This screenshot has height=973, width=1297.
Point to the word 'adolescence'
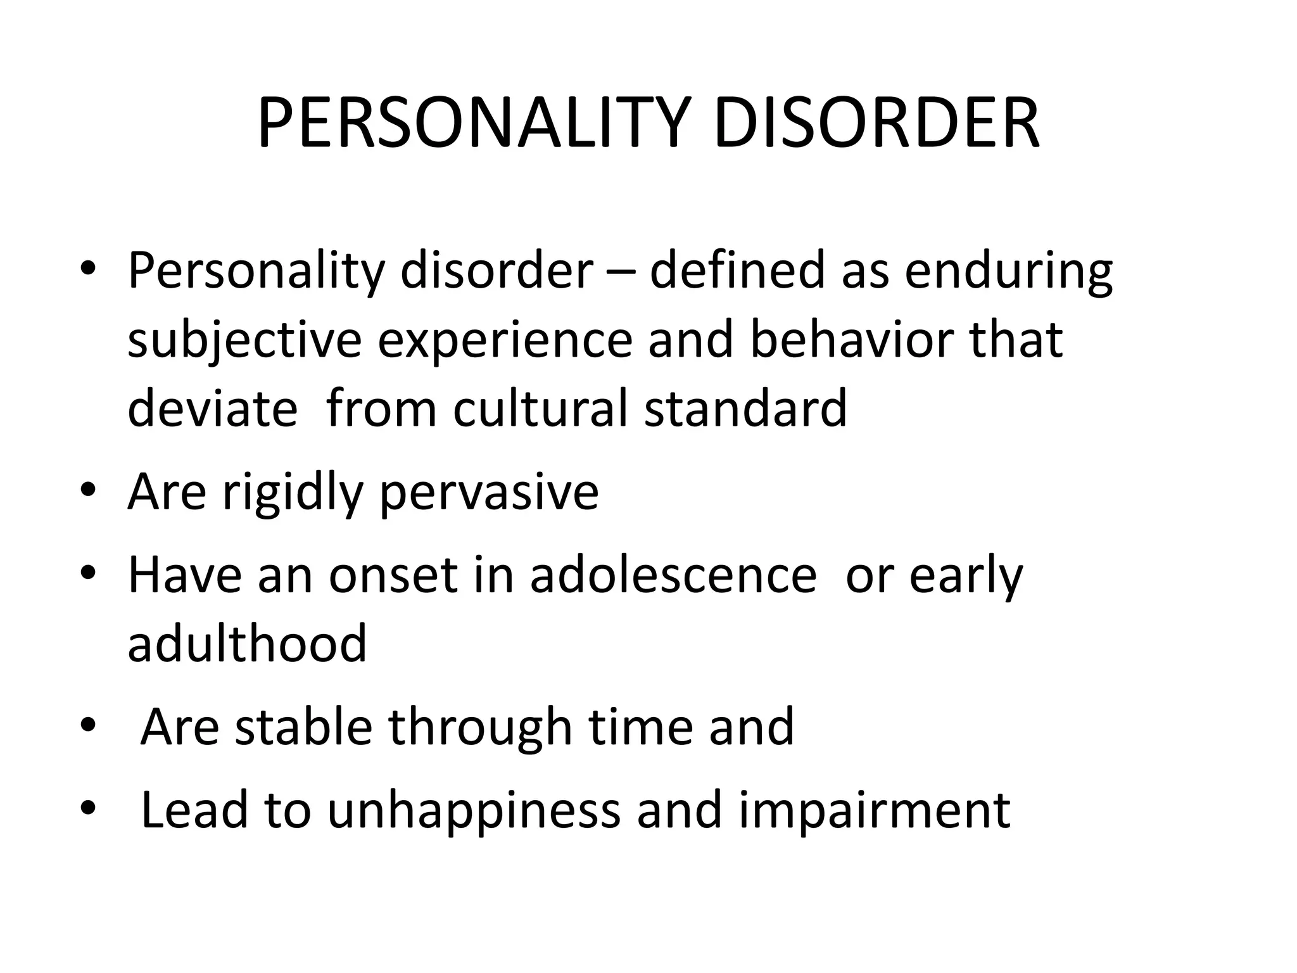click(673, 576)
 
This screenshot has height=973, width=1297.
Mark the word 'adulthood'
click(247, 642)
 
